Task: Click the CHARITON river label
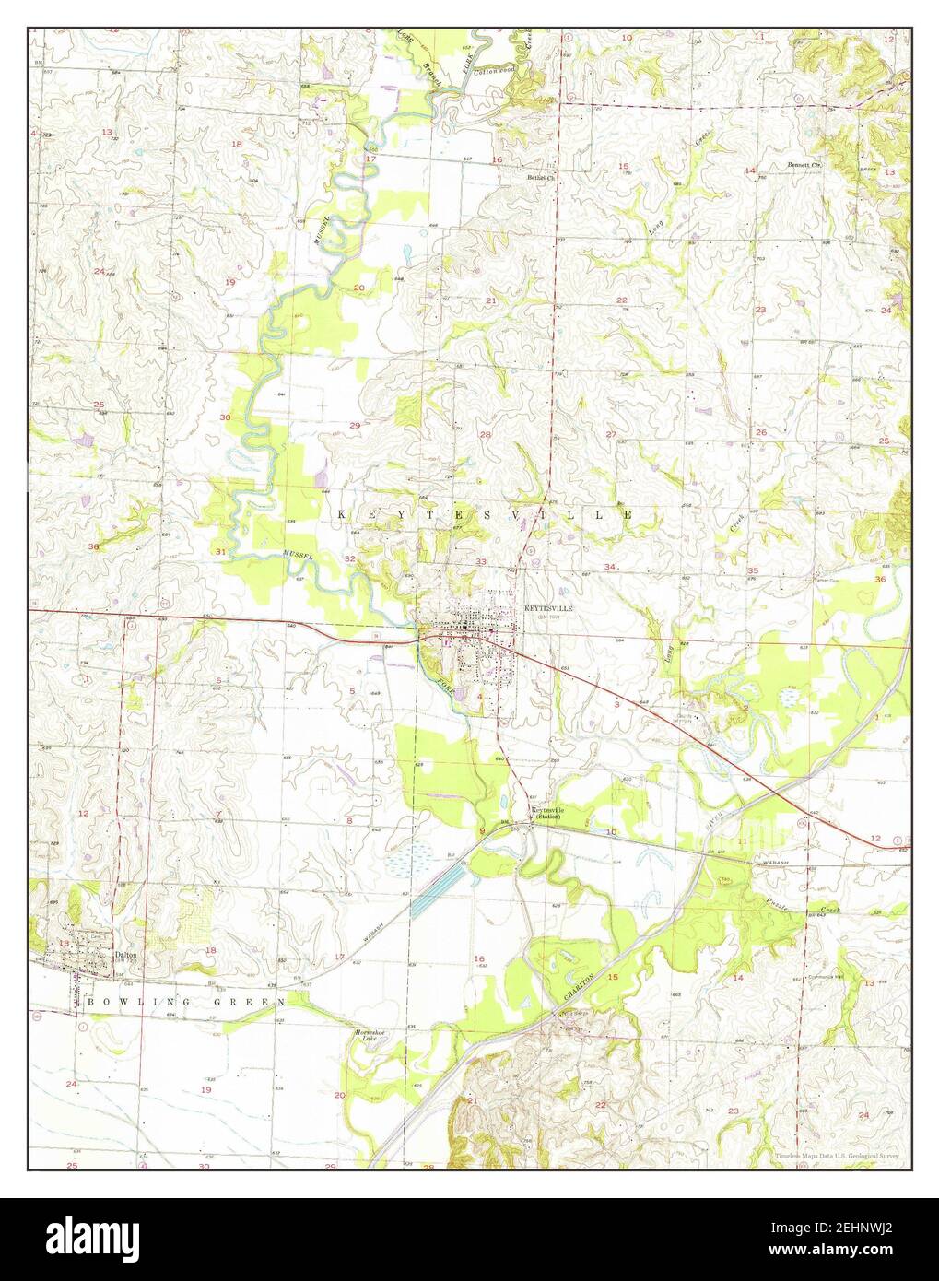(580, 985)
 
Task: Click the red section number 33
(480, 561)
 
